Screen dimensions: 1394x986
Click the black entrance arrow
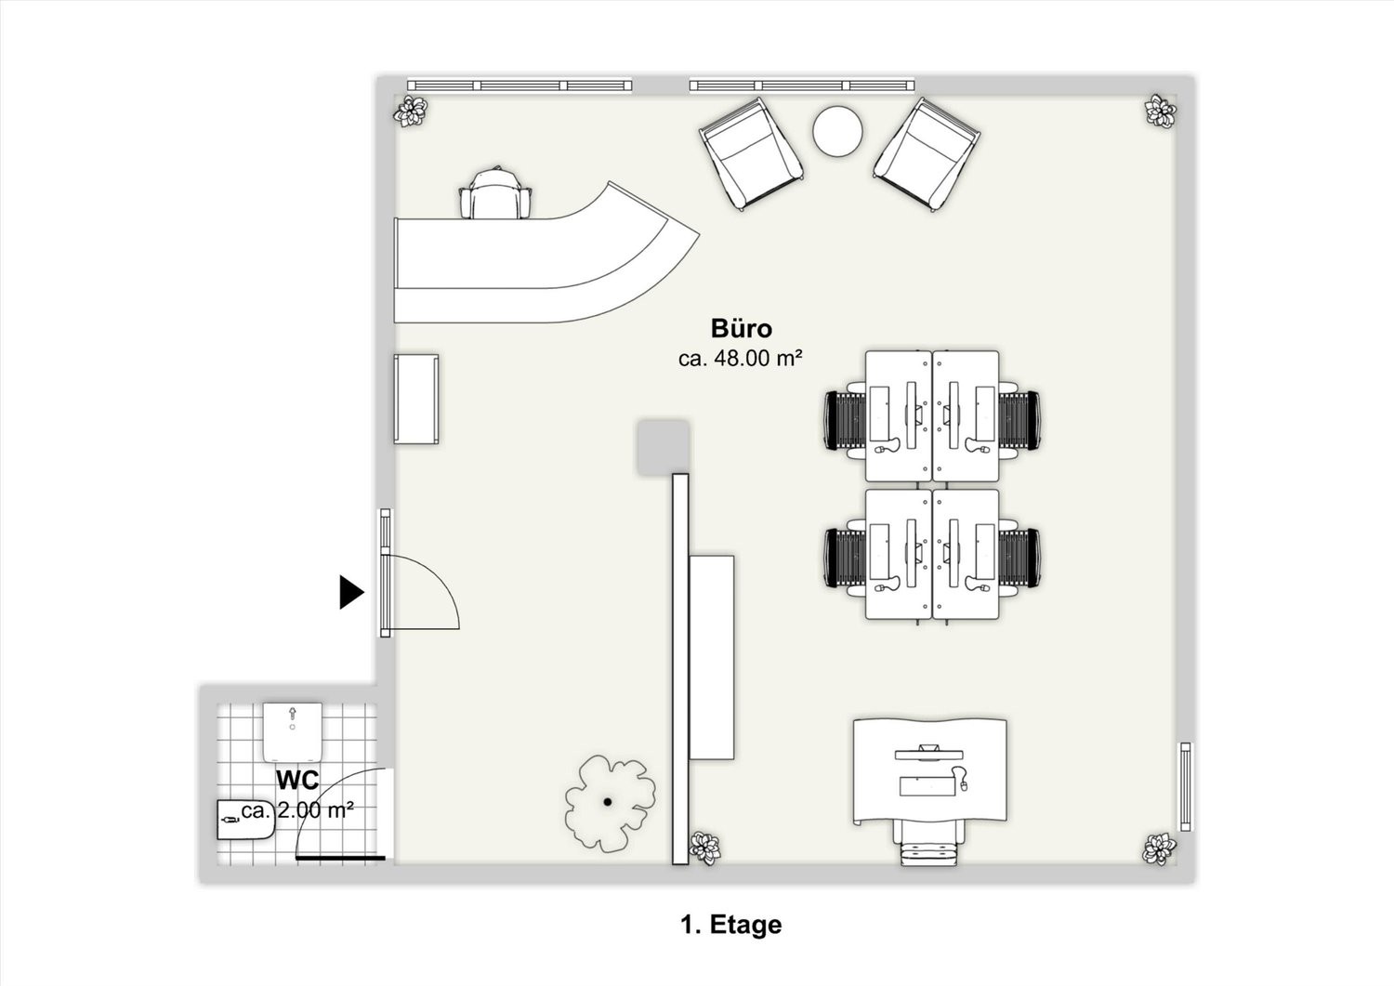[350, 592]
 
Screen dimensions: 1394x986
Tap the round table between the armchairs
[837, 131]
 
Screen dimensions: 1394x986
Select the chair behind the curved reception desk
[495, 193]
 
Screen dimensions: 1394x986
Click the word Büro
[742, 328]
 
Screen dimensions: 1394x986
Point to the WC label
[297, 780]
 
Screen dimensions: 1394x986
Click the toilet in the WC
[293, 732]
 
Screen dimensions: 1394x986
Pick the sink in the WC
[246, 821]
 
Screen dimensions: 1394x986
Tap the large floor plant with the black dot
[610, 803]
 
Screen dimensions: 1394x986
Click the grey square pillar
[663, 448]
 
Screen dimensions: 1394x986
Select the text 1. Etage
[731, 925]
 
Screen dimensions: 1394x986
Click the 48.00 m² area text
[740, 359]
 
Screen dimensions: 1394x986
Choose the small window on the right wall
[1186, 786]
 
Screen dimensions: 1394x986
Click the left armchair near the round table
[751, 153]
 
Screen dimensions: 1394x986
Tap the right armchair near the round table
[926, 153]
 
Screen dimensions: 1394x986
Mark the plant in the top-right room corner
[1161, 112]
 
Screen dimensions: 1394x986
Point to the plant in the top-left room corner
[411, 112]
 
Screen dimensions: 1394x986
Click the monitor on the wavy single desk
[928, 753]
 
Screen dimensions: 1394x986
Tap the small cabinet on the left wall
[415, 399]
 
